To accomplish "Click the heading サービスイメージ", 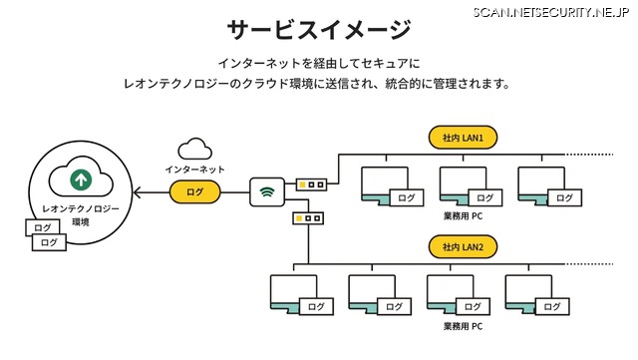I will (317, 28).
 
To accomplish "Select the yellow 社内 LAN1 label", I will (462, 137).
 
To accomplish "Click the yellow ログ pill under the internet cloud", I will (194, 191).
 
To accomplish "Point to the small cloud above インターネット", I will (195, 150).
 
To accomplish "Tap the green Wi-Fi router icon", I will (266, 191).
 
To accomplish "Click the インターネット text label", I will (194, 170).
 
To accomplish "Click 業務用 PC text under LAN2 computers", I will (463, 325).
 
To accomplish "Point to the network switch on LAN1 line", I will (311, 184).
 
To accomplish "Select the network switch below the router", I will (307, 216).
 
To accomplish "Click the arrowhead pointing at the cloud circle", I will (139, 191).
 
